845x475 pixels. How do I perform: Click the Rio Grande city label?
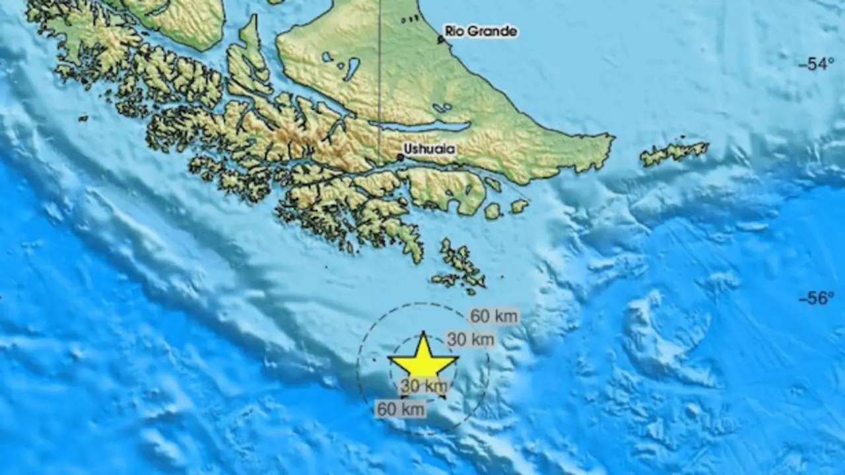[480, 31]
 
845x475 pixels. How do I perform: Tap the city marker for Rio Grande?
[440, 40]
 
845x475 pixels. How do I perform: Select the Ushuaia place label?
[430, 149]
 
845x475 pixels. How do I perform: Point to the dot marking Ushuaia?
[401, 157]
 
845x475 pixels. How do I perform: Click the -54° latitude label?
[816, 65]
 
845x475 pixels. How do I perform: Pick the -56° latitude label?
[816, 299]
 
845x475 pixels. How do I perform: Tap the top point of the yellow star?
[422, 334]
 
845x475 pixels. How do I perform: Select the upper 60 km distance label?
[494, 316]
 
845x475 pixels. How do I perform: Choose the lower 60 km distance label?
[400, 409]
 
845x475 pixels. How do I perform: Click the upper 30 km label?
[471, 340]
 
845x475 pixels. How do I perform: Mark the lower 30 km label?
[424, 387]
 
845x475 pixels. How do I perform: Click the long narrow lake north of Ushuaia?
[422, 126]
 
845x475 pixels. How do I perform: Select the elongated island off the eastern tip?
[673, 153]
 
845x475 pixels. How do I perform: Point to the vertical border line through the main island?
[380, 79]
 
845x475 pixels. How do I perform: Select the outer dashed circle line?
[358, 369]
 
